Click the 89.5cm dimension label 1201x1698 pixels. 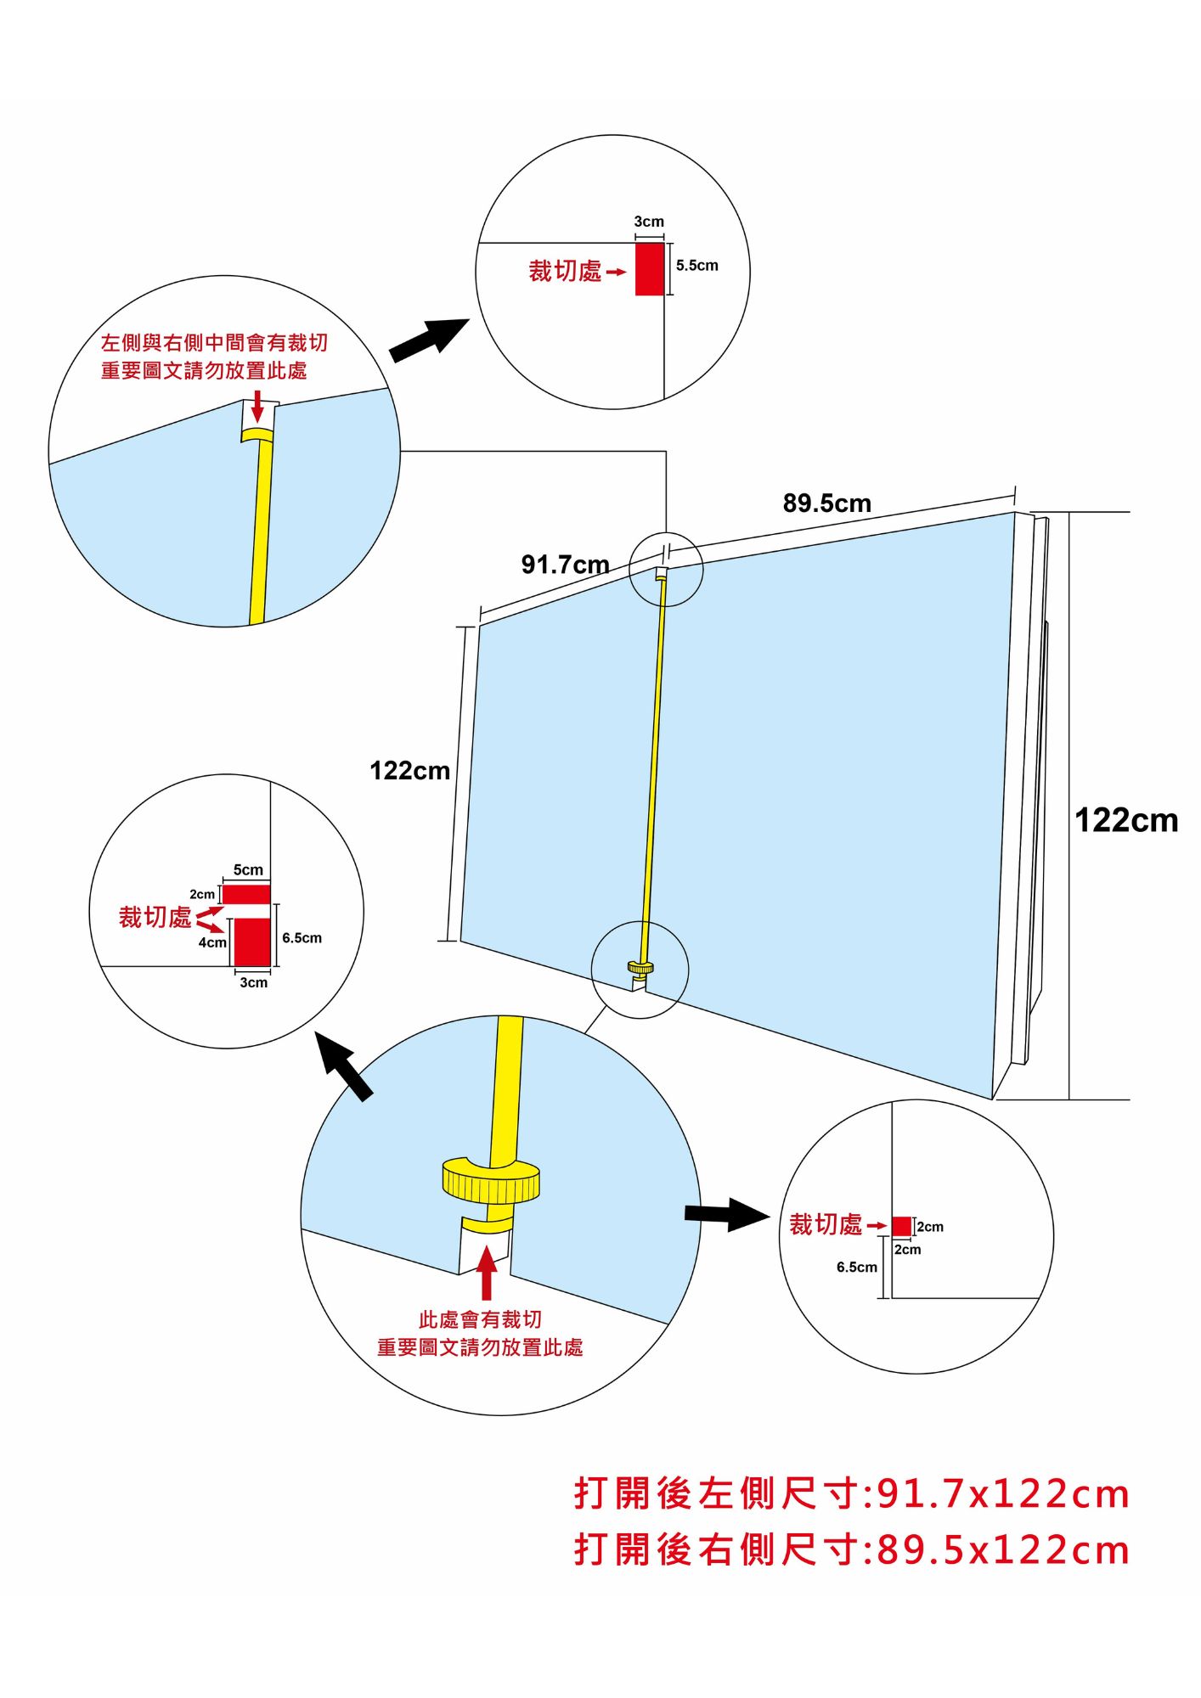826,503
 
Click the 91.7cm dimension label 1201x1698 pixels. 565,565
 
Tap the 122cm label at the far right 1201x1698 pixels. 1125,820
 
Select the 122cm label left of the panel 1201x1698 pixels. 409,771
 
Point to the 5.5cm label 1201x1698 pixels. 696,266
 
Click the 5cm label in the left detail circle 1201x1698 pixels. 248,870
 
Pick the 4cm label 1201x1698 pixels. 212,942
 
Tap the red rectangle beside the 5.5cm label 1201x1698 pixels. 650,269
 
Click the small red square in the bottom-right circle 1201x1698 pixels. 901,1226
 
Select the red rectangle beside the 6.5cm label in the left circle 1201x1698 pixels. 252,942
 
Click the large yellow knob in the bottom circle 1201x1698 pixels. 491,1180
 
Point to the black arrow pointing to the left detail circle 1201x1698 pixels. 345,1066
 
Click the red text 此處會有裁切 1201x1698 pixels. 480,1319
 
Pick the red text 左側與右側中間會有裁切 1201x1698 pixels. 214,343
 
